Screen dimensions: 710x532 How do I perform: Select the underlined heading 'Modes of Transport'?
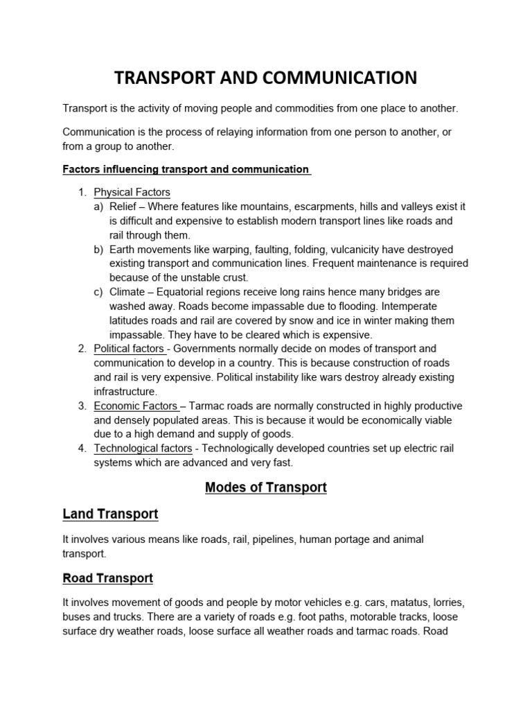265,487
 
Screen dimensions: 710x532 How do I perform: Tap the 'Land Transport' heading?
110,514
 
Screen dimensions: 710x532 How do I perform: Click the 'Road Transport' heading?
107,578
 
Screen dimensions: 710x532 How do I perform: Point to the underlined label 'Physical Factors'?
132,192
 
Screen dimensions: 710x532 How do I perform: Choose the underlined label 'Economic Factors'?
136,406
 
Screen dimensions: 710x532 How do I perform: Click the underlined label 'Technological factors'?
143,449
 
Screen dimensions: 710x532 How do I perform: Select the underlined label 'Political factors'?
129,349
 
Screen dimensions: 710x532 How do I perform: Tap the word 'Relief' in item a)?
123,207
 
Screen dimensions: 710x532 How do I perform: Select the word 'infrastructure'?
127,392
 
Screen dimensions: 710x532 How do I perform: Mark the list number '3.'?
82,406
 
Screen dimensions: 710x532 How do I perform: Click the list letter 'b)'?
98,250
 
